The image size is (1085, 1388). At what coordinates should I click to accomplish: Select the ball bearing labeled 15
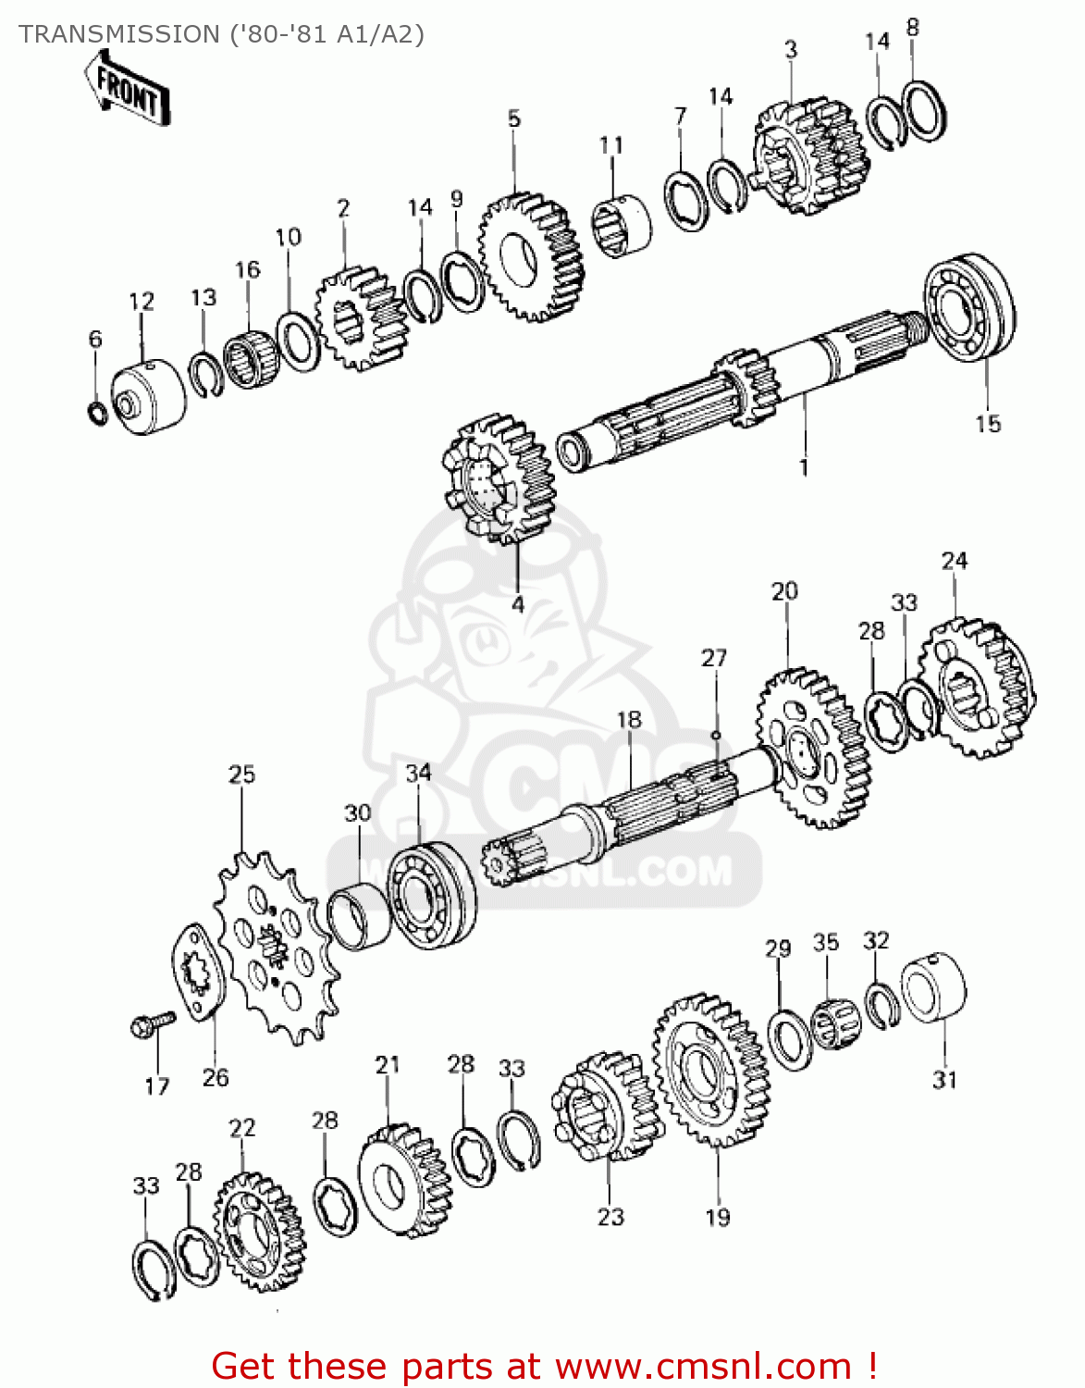pyautogui.click(x=969, y=306)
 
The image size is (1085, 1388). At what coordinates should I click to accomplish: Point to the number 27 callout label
pyautogui.click(x=713, y=658)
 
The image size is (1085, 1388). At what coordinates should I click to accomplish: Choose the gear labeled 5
pyautogui.click(x=531, y=256)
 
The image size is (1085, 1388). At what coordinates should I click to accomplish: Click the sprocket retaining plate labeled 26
pyautogui.click(x=197, y=973)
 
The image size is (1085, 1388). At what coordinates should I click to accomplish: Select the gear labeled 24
pyautogui.click(x=976, y=688)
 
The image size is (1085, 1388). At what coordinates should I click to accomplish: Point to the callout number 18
pyautogui.click(x=629, y=719)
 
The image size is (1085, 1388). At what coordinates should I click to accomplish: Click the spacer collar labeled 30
pyautogui.click(x=359, y=916)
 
